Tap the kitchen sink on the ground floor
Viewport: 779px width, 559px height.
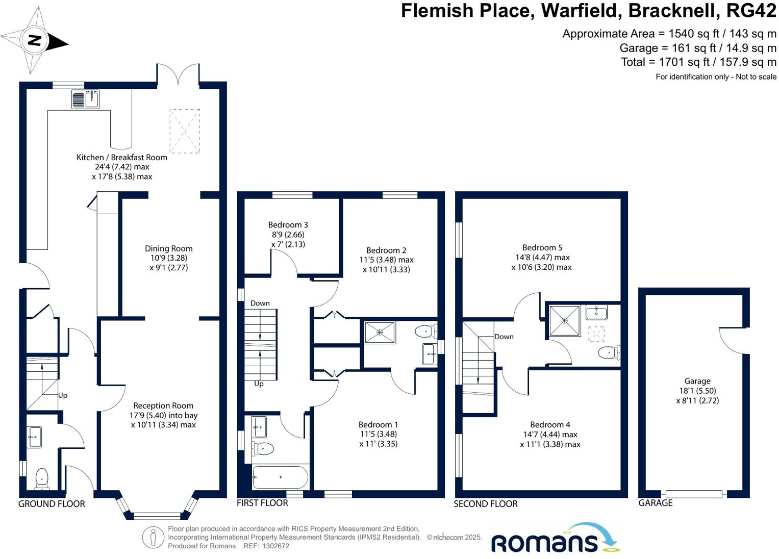[x=85, y=99]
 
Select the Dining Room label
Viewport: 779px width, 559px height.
[x=168, y=248]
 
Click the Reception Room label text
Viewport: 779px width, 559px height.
[x=163, y=405]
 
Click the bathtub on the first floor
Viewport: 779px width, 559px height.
[x=280, y=478]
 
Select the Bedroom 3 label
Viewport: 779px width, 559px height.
[x=288, y=224]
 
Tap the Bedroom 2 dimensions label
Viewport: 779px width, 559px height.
[x=386, y=264]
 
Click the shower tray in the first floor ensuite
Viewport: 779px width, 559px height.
[x=380, y=333]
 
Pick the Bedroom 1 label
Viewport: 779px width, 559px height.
[x=378, y=424]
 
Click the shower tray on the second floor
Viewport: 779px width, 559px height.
[x=564, y=321]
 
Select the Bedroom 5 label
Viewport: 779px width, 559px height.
[x=542, y=247]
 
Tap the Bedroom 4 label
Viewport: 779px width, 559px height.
[x=550, y=424]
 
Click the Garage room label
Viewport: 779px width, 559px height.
[x=697, y=381]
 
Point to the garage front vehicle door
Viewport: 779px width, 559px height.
[x=693, y=494]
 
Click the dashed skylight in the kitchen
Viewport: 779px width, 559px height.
[x=185, y=131]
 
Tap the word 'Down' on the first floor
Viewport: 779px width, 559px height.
[x=260, y=303]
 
